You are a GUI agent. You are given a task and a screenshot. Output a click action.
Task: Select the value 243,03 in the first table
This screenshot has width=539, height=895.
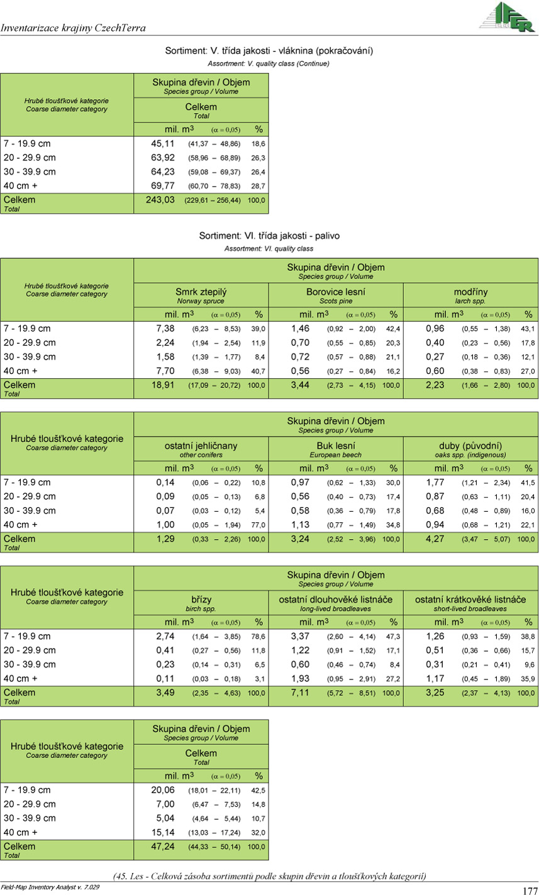160,200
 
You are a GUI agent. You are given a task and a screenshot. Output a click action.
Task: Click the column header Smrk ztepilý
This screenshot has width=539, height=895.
201,292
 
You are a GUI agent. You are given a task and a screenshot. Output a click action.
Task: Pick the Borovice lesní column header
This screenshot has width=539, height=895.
335,292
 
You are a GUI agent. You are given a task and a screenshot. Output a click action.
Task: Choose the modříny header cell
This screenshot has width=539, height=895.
470,292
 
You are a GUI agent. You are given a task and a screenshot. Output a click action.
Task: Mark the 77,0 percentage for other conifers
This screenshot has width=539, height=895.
258,525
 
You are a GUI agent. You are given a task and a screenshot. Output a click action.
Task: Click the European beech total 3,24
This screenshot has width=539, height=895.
300,539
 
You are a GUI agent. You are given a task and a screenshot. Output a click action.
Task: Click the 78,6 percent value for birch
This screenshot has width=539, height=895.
258,636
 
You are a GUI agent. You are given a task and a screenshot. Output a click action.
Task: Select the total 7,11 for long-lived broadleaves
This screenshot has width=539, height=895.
300,693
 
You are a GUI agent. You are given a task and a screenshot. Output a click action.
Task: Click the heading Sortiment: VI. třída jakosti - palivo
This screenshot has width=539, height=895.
269,236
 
